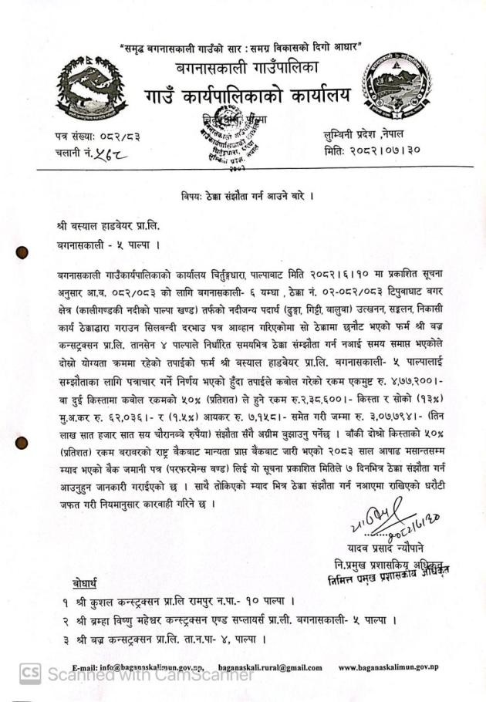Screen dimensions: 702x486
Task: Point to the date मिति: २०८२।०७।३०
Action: [372, 150]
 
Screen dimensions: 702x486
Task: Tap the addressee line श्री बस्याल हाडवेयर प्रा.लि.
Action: [118, 228]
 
